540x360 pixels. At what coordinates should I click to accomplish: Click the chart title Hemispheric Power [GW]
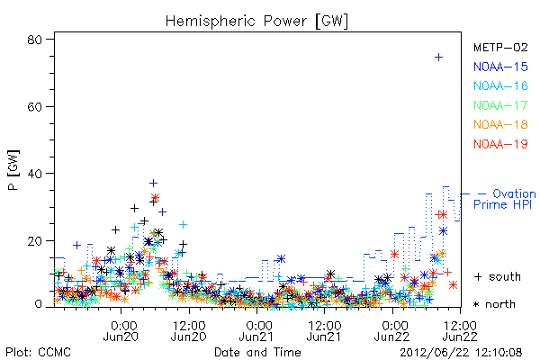point(256,22)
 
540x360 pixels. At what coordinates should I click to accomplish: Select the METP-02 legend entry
point(500,47)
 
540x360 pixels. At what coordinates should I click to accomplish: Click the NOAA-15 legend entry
point(500,67)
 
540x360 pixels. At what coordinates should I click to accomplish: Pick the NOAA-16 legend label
point(500,85)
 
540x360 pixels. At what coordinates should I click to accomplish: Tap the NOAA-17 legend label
point(500,105)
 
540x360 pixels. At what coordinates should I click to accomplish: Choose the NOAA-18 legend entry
point(500,124)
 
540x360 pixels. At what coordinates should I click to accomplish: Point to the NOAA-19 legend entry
point(500,144)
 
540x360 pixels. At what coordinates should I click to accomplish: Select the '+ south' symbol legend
point(498,276)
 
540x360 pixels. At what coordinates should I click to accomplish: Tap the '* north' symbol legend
point(494,304)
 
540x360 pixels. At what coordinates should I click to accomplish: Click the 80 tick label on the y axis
point(35,40)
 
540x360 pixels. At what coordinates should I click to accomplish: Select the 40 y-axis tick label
point(35,174)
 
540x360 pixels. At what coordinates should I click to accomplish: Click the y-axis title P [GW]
point(13,170)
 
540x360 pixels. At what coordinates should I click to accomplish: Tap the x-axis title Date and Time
point(257,352)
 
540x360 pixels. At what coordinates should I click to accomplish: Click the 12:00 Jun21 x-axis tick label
point(324,330)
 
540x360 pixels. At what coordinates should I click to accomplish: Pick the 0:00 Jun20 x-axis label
point(121,330)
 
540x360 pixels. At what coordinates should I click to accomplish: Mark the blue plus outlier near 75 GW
point(438,58)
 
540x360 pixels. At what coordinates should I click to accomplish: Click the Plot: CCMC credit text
point(38,352)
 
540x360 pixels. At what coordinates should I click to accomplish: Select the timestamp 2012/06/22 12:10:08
point(461,352)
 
